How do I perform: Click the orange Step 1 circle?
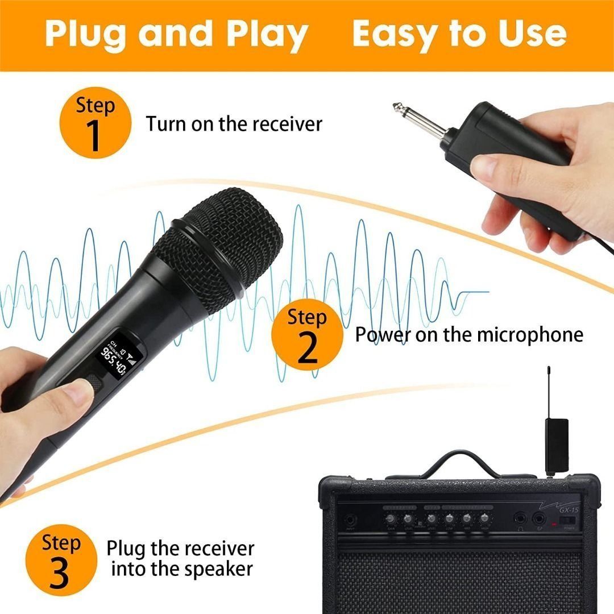[95, 124]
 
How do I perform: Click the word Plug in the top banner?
[86, 34]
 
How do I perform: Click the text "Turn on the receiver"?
[234, 123]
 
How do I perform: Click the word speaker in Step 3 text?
[216, 569]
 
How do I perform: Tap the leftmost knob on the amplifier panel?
[391, 518]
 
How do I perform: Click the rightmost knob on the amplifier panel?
[484, 518]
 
